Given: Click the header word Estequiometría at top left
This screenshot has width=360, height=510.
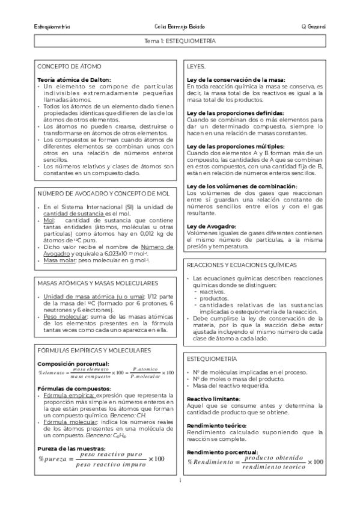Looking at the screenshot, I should pos(53,28).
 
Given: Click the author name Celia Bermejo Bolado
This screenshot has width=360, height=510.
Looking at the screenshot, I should pos(180,28).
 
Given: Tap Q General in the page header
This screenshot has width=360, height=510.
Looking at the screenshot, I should pos(313,28).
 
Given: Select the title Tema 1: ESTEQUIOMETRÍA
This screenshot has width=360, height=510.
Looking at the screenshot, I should pos(180,43).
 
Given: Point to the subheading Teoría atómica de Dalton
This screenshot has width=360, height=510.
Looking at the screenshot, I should pos(74,79).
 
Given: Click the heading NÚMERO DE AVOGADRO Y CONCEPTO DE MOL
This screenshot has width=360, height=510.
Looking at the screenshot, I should pos(103,177).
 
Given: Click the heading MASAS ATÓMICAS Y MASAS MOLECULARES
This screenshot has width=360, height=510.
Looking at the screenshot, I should pos(97,283).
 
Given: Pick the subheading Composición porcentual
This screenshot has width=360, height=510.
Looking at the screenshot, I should pos(73,364).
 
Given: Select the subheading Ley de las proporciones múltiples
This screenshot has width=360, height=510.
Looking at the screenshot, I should pos(235,146).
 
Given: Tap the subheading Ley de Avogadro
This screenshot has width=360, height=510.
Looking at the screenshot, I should pos(211,209).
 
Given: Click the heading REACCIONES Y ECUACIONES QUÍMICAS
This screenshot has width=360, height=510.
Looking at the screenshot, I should pos(242,265).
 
